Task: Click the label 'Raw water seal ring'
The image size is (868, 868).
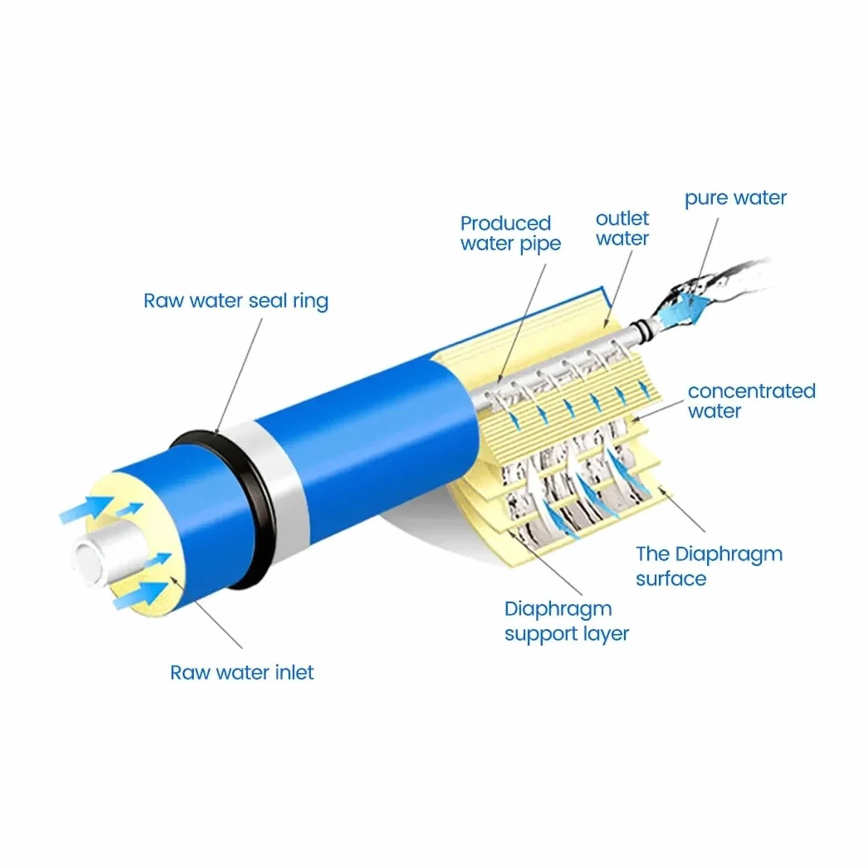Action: click(x=236, y=301)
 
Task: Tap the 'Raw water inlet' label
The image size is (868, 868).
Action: click(x=242, y=673)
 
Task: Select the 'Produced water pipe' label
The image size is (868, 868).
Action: click(x=510, y=234)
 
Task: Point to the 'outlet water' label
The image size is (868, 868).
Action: click(x=622, y=228)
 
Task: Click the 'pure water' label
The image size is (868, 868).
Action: click(x=735, y=198)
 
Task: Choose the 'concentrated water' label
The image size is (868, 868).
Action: click(x=752, y=401)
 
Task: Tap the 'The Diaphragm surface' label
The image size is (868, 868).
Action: click(x=709, y=566)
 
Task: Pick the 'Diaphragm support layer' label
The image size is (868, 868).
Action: click(x=566, y=621)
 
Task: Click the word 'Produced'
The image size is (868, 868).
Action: click(x=505, y=223)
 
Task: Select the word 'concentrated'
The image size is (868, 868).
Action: click(x=752, y=391)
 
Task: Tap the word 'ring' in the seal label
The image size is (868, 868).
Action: click(x=311, y=302)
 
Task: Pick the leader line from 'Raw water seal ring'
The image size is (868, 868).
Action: click(x=239, y=375)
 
